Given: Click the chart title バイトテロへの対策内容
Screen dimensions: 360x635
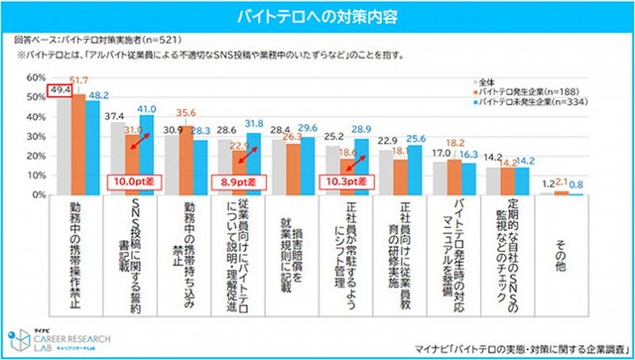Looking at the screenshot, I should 317,17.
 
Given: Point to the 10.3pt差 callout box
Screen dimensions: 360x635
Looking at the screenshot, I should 345,182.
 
